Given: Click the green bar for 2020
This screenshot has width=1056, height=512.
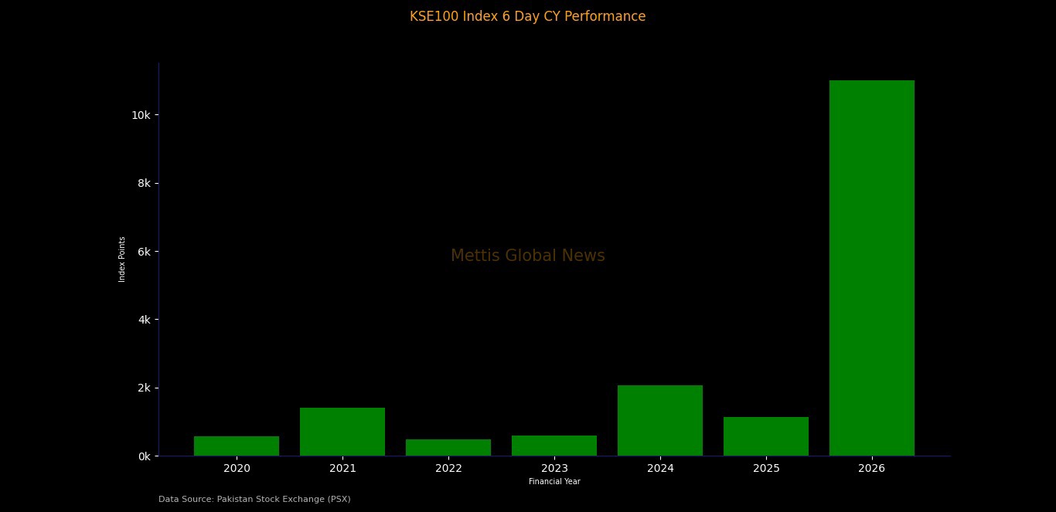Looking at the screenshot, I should tap(237, 446).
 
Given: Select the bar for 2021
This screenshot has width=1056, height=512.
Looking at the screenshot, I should tap(342, 432).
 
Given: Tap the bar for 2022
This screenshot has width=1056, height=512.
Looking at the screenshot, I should tap(448, 447).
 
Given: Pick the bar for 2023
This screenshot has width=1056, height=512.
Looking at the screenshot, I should tap(554, 446).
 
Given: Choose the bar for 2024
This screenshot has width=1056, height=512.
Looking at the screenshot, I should tap(660, 420).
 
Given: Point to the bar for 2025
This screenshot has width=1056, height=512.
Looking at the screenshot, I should tap(766, 436).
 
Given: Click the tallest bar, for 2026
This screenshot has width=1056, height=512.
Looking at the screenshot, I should tap(872, 268).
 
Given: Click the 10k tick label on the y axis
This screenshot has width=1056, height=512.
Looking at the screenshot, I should tap(141, 115).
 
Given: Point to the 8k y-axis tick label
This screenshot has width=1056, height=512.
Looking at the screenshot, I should tap(144, 183).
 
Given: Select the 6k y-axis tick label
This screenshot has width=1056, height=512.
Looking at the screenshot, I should tap(144, 251).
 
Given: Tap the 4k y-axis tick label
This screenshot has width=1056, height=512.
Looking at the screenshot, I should tap(144, 319).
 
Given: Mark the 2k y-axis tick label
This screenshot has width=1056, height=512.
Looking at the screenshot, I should tap(144, 387).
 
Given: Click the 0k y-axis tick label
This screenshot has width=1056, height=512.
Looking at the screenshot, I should tap(144, 456).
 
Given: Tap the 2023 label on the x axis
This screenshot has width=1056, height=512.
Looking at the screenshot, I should tap(554, 468).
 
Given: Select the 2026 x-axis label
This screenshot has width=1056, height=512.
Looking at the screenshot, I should tap(872, 468).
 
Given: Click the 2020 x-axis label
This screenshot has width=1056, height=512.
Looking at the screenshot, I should tap(237, 468).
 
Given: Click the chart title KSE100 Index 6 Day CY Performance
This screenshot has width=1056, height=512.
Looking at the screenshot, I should tap(527, 16).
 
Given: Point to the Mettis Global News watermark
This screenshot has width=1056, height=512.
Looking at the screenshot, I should tap(527, 256).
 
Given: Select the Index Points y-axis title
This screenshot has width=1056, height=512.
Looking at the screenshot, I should tap(122, 259).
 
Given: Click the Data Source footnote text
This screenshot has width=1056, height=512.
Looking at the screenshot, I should tap(254, 499).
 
